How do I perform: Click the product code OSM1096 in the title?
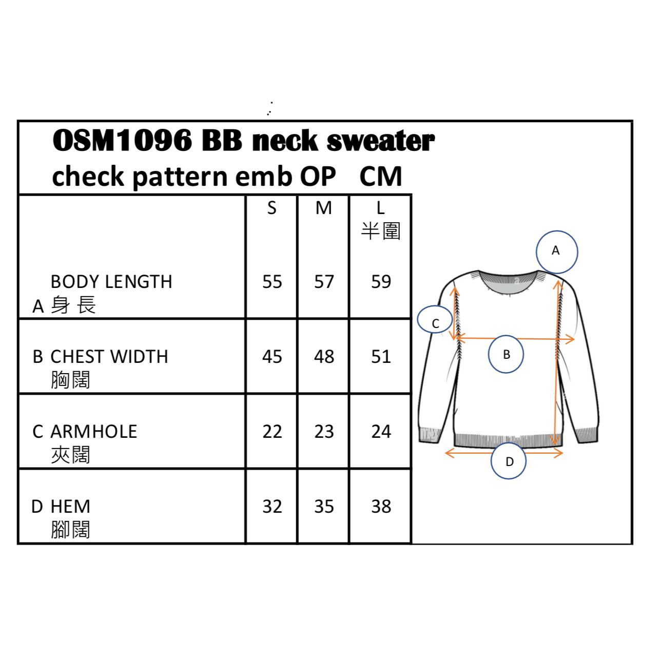coord(123,140)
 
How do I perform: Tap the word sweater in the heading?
coord(380,141)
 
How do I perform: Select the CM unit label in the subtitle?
coord(380,177)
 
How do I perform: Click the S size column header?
coord(272,208)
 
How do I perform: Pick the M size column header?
coord(323,208)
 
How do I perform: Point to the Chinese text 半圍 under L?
coord(380,231)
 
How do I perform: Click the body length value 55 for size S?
coord(272,282)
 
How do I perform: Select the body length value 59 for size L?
coord(381,282)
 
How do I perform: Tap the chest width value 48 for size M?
coord(324,357)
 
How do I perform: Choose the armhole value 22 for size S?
coord(272,432)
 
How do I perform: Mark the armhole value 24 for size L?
coord(381,432)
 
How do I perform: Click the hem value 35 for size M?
coord(324,507)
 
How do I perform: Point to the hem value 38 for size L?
coord(381,507)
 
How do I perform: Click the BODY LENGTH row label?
coord(111,282)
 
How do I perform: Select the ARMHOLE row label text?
coord(94,432)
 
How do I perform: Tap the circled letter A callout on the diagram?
coord(556,251)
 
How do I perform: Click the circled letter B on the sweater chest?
coord(506,354)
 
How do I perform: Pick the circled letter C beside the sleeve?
coord(435,323)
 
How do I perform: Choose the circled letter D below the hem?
coord(509,461)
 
